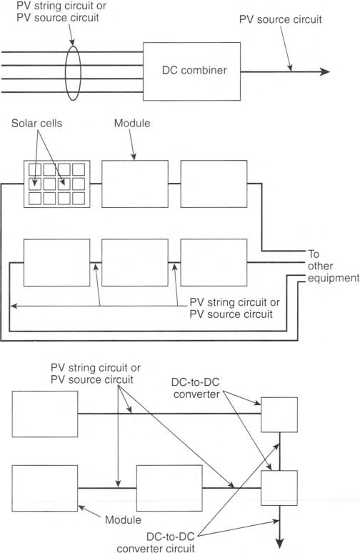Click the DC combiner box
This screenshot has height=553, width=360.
tap(192, 71)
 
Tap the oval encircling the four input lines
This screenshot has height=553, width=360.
tap(66, 73)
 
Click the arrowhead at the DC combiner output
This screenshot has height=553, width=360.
tap(324, 72)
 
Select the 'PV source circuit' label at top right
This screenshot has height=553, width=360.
tap(280, 19)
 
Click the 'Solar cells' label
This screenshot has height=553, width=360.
tap(36, 123)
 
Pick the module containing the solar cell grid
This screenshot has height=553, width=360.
tap(56, 184)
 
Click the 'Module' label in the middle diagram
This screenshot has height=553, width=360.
tap(132, 123)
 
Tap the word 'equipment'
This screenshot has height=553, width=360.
tap(334, 278)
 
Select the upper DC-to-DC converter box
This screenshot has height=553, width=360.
tap(279, 414)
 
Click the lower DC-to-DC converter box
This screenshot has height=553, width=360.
tap(279, 488)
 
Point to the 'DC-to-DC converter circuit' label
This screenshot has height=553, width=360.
tap(156, 542)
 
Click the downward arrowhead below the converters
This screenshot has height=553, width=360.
tap(279, 543)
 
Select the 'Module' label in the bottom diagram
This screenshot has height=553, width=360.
tap(123, 519)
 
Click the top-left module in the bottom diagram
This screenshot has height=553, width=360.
tap(45, 414)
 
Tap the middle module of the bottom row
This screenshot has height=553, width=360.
tap(169, 488)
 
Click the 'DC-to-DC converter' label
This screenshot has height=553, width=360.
tap(196, 388)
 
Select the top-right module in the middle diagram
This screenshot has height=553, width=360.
tap(214, 184)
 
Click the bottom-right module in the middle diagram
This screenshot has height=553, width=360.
tap(214, 262)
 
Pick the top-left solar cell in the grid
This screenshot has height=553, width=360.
tap(35, 169)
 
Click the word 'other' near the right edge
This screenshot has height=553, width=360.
tap(320, 266)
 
